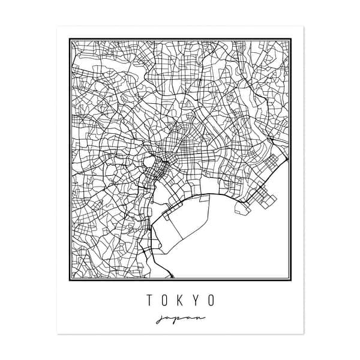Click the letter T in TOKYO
coord(148,298)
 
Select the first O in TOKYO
coord(164,298)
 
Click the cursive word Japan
coord(180,317)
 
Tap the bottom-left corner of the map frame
coord(70,280)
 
